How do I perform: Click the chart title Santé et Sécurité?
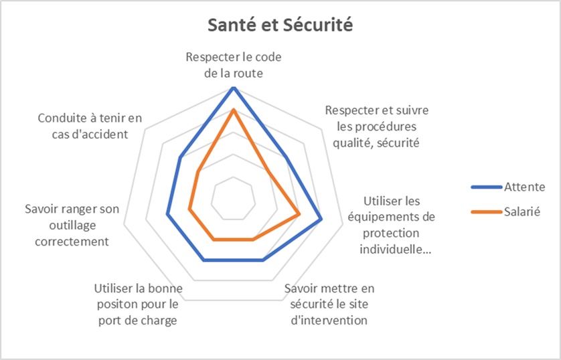pos(280,25)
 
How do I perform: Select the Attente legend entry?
pos(508,187)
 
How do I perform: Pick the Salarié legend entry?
pos(505,211)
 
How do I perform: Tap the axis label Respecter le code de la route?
pos(234,65)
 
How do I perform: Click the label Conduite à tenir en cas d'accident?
pos(90,126)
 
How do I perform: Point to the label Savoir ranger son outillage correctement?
pos(72,226)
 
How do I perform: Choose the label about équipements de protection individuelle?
pos(392,226)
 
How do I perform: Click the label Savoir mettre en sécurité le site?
pos(329,304)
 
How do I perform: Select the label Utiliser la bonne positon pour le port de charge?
pos(138,304)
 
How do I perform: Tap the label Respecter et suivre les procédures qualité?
pos(377,126)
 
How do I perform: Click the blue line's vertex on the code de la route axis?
pos(233,88)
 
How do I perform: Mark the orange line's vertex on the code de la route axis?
pos(233,110)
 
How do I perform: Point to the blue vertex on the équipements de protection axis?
pos(321,219)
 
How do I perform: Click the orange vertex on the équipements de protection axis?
pos(299,214)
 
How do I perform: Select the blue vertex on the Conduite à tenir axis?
pos(180,158)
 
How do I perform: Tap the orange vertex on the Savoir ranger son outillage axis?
pos(189,209)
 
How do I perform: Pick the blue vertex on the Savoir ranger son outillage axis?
pos(167,214)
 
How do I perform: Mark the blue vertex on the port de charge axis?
pos(204,260)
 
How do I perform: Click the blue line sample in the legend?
pos(487,187)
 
